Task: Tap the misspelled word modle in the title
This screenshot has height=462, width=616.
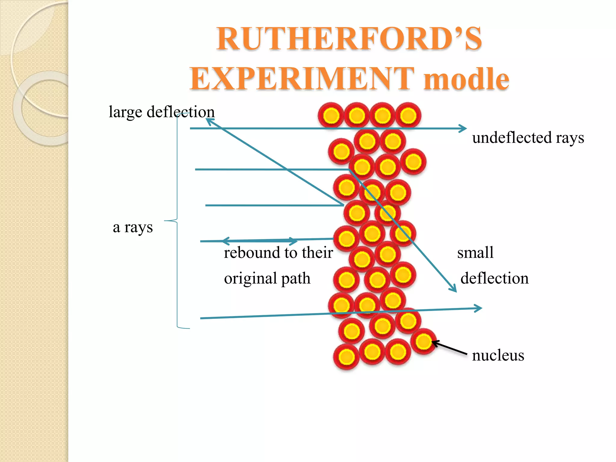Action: pyautogui.click(x=466, y=79)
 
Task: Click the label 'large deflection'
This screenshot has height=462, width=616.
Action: pyautogui.click(x=162, y=112)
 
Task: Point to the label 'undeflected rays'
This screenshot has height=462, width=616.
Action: pyautogui.click(x=528, y=138)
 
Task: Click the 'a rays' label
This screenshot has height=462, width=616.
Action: pyautogui.click(x=133, y=227)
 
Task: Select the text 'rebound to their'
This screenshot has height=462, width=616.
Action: pyautogui.click(x=278, y=252)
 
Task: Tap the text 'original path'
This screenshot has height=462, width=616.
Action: pyautogui.click(x=267, y=278)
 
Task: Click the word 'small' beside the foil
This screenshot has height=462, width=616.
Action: pyautogui.click(x=475, y=252)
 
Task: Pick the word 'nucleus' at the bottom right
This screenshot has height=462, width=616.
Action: pyautogui.click(x=498, y=355)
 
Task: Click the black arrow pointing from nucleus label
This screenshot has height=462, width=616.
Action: pyautogui.click(x=450, y=348)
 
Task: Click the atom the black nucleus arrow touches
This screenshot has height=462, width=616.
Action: pyautogui.click(x=423, y=341)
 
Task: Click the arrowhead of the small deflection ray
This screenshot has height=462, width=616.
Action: pyautogui.click(x=454, y=289)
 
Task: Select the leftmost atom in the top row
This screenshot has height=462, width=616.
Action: pyautogui.click(x=331, y=115)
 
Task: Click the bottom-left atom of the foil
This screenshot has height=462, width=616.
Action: pyautogui.click(x=346, y=357)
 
